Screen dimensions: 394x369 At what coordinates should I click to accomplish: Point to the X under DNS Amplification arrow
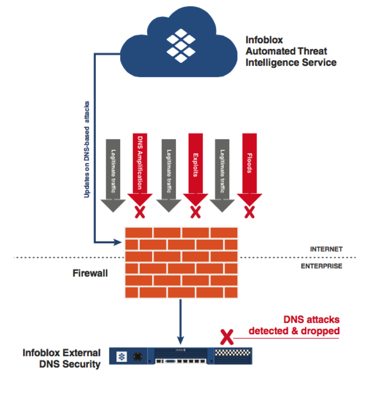tap(140, 212)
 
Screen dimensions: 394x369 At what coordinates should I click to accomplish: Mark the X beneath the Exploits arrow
tap(195, 212)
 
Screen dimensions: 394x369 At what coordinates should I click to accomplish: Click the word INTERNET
tap(326, 249)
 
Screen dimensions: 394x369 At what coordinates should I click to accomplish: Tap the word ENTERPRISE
tap(321, 266)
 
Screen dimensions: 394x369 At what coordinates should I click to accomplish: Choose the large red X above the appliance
tap(226, 337)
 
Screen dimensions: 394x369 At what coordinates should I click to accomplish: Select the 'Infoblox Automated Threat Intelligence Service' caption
tap(291, 52)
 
